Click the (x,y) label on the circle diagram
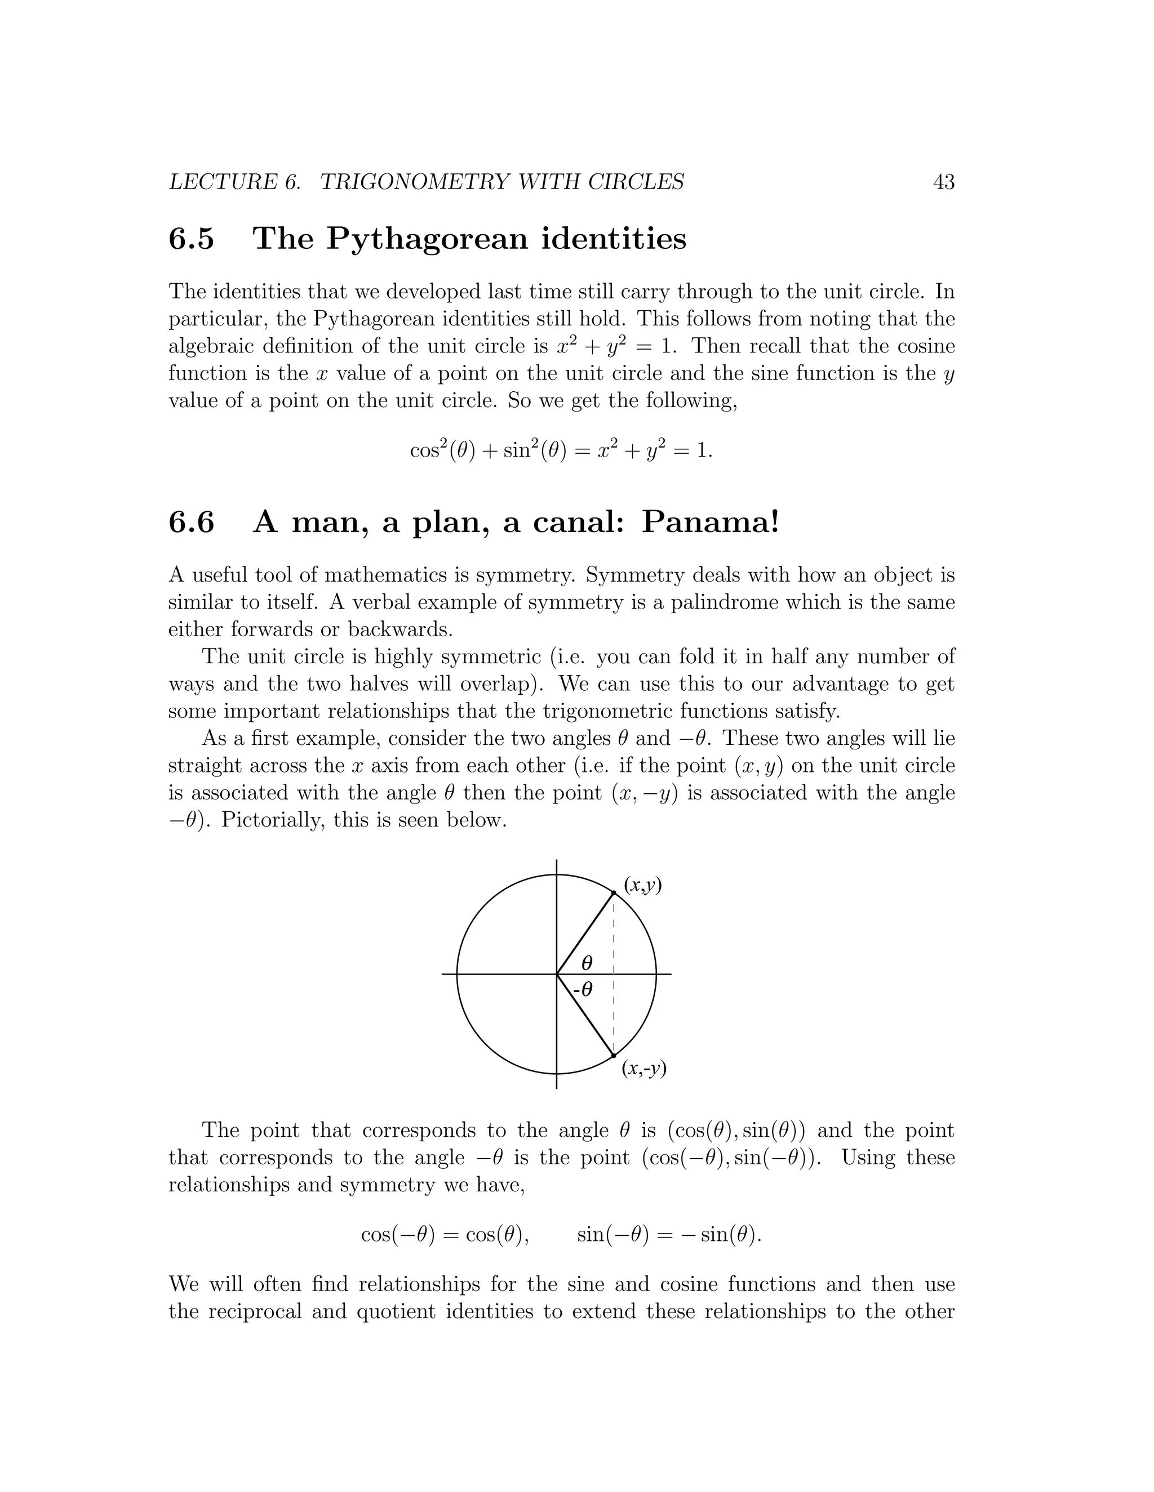click(642, 886)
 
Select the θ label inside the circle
click(587, 963)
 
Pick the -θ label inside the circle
click(583, 989)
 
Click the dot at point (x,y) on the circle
click(614, 893)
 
